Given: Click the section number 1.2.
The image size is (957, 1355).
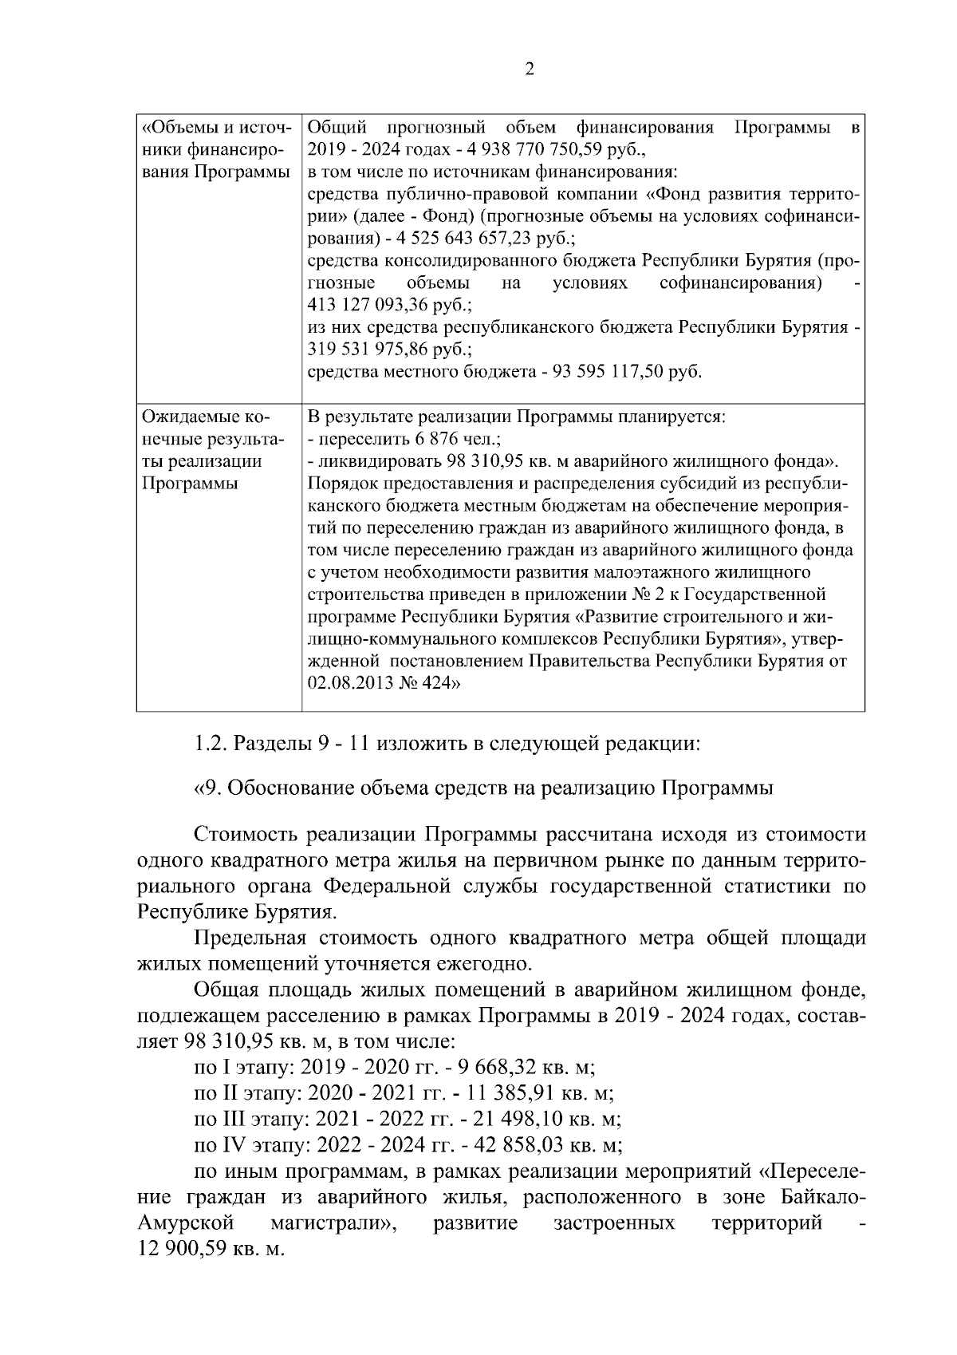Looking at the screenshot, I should [211, 745].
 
